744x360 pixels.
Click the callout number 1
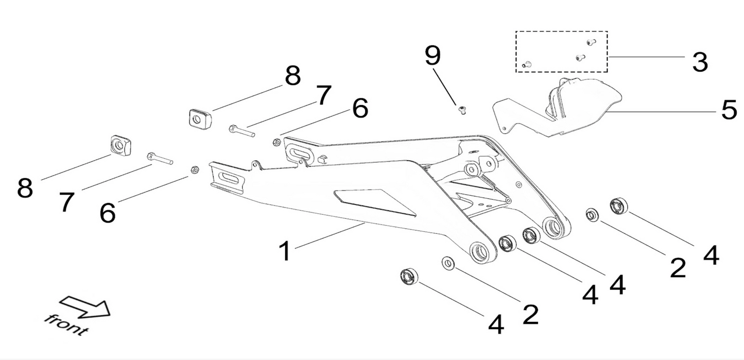[x=285, y=252]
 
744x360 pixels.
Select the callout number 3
[x=700, y=62]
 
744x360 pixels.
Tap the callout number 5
[x=729, y=110]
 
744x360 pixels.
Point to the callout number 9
[x=433, y=56]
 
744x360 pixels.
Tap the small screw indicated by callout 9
[x=462, y=110]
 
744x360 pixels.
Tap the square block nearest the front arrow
[x=121, y=145]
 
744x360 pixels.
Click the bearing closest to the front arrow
[x=409, y=276]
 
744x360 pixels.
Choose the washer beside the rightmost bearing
[x=592, y=214]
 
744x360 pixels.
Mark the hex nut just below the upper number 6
[x=276, y=142]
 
